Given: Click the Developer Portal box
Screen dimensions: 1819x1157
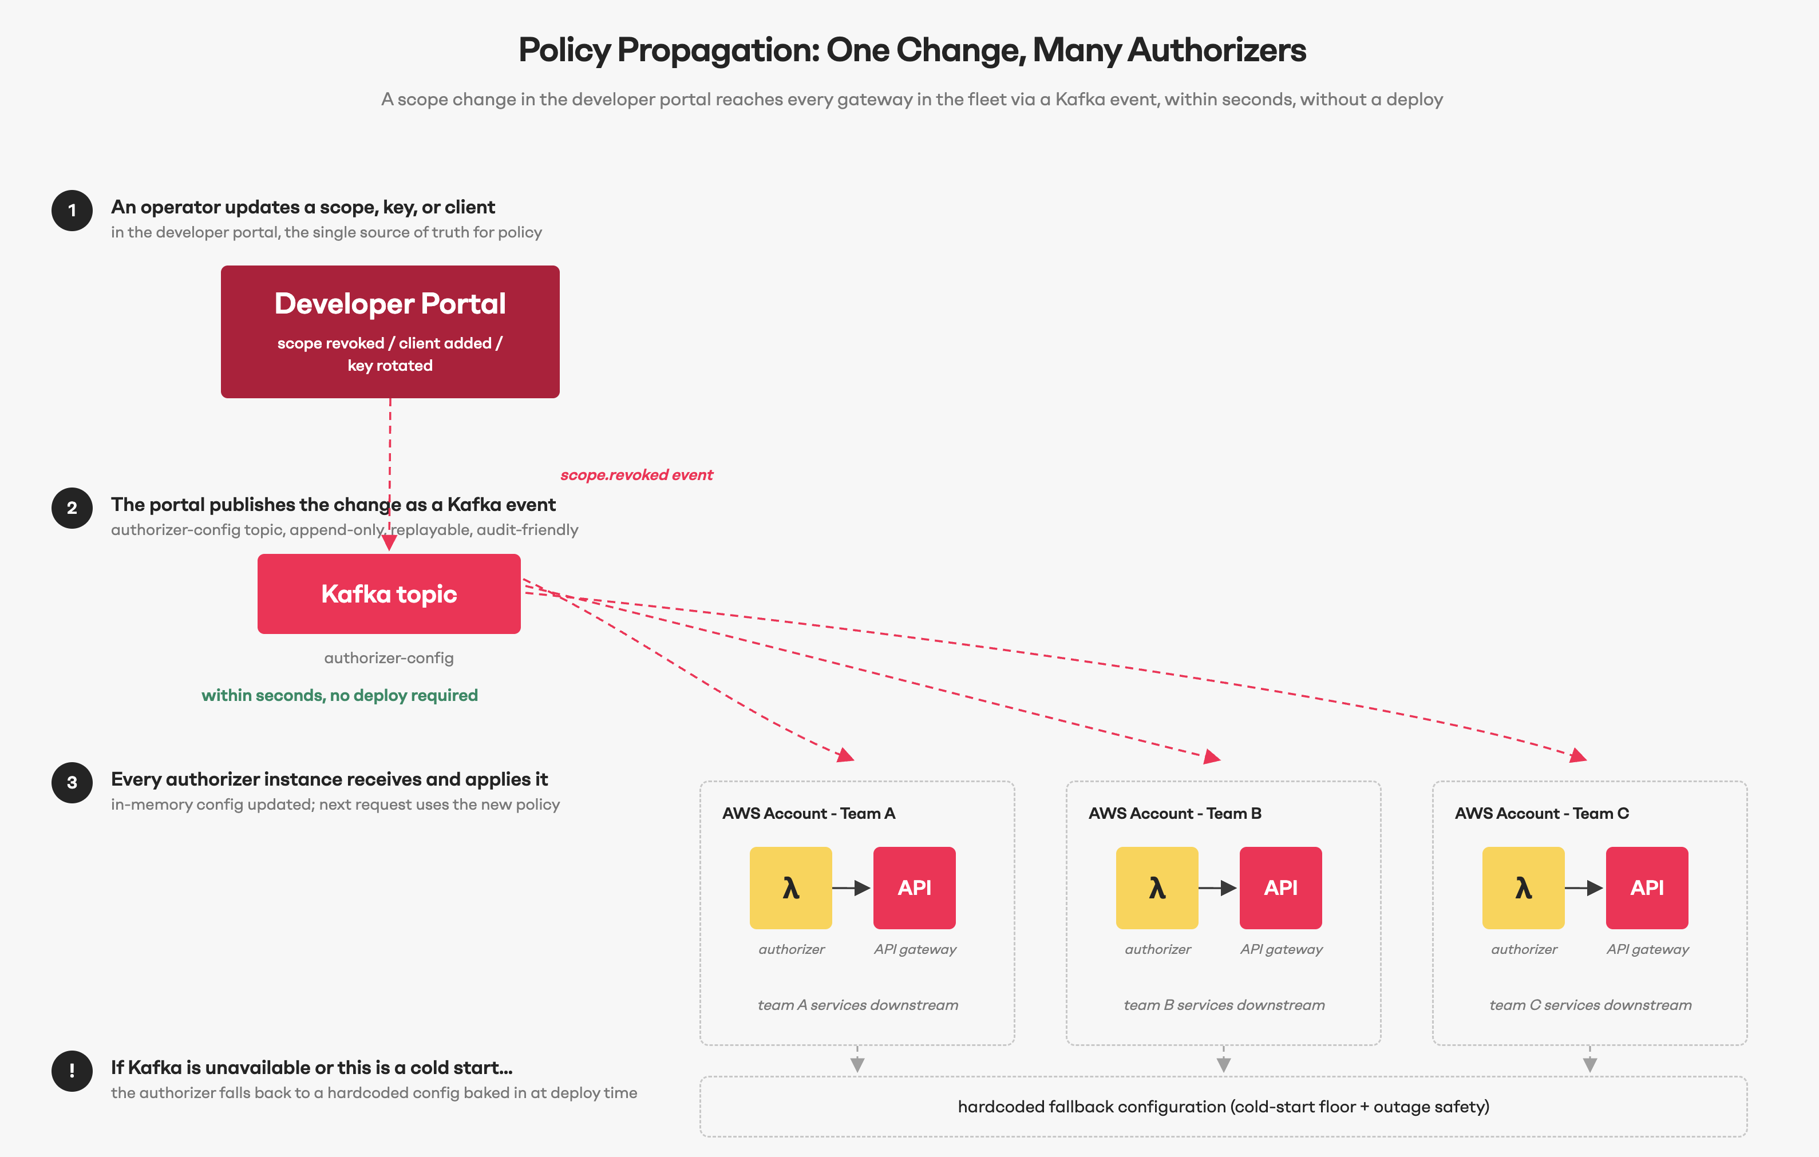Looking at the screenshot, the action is [x=390, y=331].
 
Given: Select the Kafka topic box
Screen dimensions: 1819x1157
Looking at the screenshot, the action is [x=389, y=593].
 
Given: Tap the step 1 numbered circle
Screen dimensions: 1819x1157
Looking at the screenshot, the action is [x=72, y=210].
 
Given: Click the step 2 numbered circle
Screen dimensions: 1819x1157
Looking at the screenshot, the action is [x=72, y=508].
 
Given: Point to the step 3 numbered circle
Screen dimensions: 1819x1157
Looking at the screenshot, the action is [x=72, y=782].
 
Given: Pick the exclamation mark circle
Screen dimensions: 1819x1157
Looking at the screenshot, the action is [x=72, y=1071].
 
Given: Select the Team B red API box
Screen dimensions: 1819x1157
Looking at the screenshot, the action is [x=1280, y=887].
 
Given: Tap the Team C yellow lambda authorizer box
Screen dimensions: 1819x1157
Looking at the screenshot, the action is [x=1524, y=887].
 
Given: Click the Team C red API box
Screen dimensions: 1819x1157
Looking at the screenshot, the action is [x=1647, y=887].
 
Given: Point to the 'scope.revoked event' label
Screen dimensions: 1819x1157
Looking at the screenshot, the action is [x=637, y=475].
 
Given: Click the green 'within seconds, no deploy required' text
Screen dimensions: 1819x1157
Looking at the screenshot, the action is [x=340, y=696].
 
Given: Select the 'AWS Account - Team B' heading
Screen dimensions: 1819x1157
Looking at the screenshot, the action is [x=1175, y=813].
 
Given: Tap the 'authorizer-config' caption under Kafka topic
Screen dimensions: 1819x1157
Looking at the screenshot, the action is [x=389, y=658].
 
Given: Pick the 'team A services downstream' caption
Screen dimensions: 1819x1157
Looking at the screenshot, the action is [x=857, y=1005].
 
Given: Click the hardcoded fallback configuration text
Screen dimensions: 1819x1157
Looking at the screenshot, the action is [x=1224, y=1107].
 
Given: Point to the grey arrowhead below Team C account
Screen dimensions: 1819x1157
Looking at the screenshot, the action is [x=1589, y=1064].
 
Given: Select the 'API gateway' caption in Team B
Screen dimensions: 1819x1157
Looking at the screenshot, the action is [x=1281, y=949].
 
